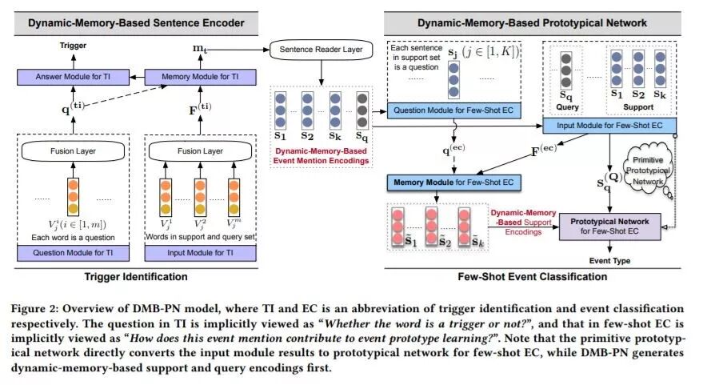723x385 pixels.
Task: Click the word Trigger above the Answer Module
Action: click(x=73, y=46)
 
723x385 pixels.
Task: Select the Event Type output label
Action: click(x=611, y=261)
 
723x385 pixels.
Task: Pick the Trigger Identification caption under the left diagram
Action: click(x=136, y=277)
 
